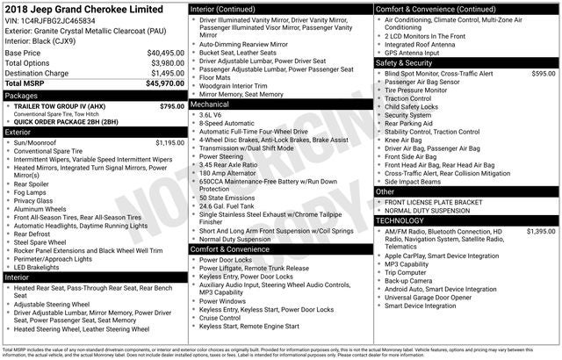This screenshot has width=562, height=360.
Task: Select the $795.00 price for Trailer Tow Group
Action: tap(172, 106)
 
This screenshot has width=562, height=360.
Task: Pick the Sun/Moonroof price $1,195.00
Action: tap(169, 142)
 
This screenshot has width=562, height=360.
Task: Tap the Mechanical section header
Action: tap(215, 104)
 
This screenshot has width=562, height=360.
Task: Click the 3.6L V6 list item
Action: tap(211, 115)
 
